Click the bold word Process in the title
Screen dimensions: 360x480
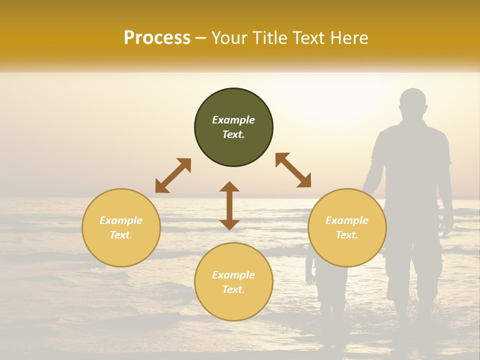pos(157,38)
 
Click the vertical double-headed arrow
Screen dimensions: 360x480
pos(229,206)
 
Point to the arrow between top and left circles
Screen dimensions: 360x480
pos(173,175)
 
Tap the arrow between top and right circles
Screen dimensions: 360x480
pos(293,170)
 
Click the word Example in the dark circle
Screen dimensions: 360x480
pos(233,120)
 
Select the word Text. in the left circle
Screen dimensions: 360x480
pos(121,235)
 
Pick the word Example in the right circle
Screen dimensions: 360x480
pos(347,220)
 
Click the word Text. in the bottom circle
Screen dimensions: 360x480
pos(233,289)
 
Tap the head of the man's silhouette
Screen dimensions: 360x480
pos(413,103)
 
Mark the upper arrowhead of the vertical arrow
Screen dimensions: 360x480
pos(229,187)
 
